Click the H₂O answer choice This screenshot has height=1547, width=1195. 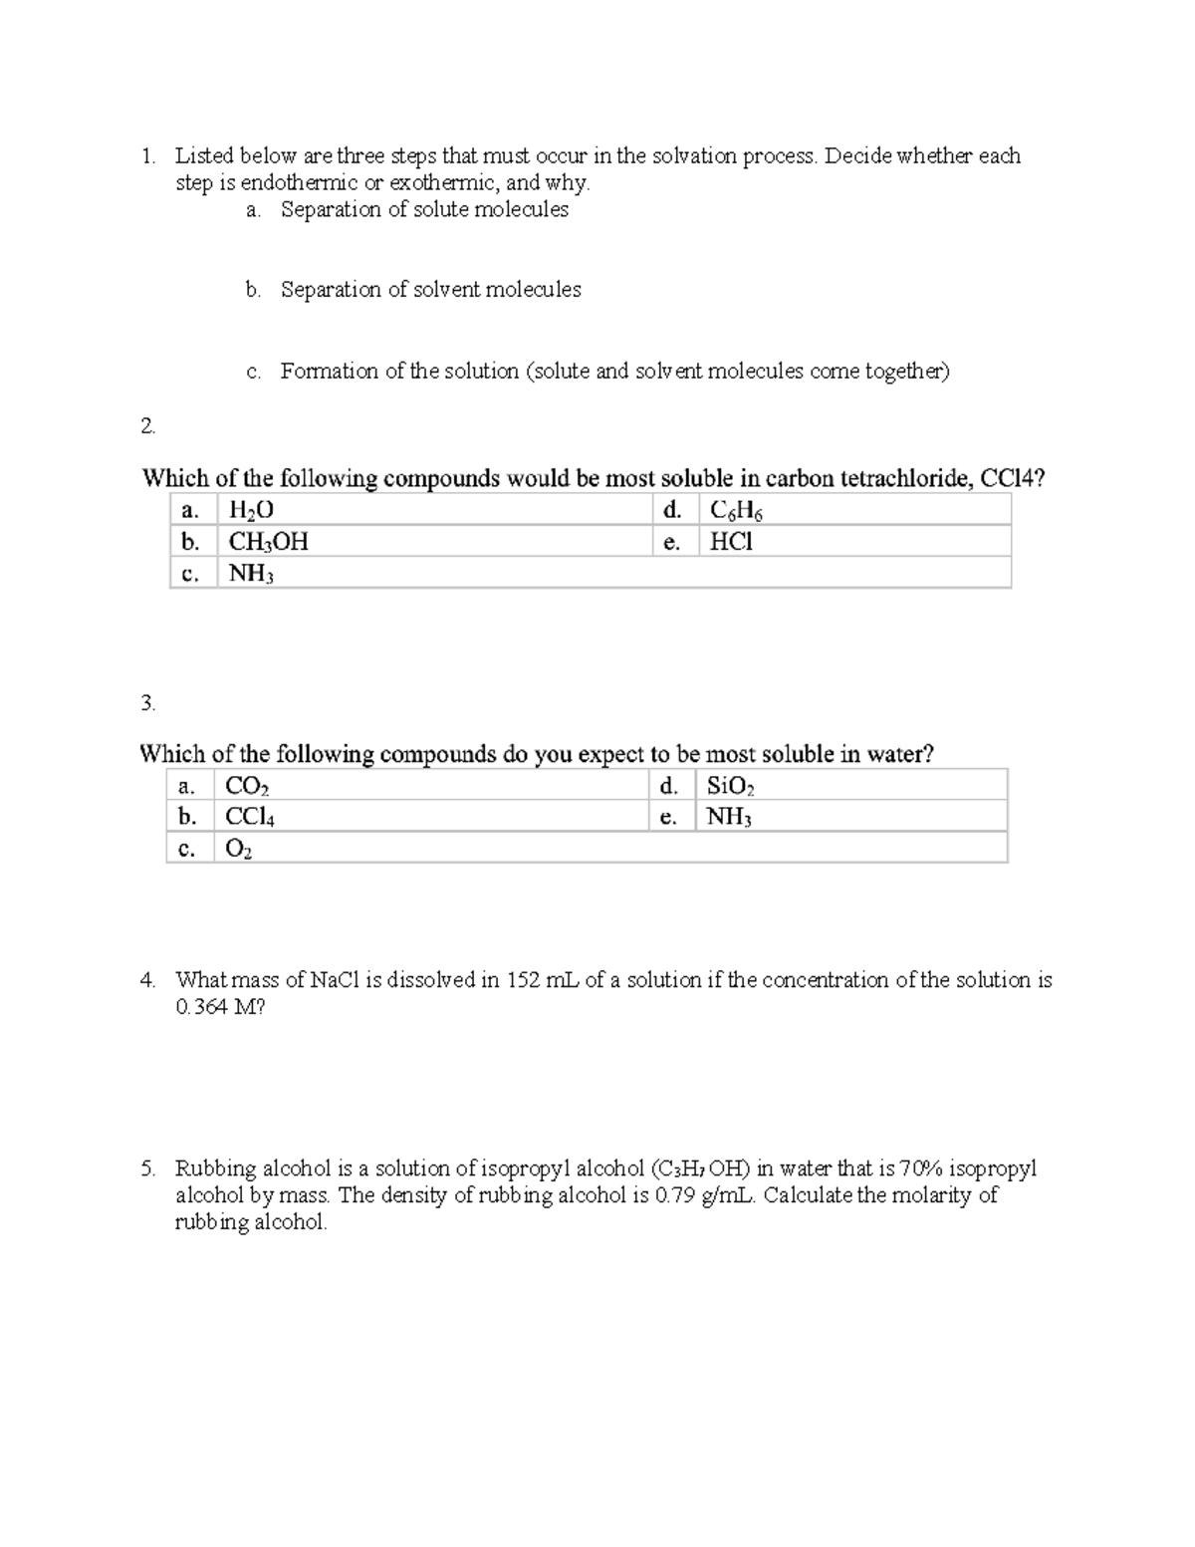click(x=251, y=511)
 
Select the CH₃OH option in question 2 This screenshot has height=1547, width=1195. click(x=268, y=542)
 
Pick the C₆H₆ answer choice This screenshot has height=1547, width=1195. click(x=736, y=511)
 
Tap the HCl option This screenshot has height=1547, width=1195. click(x=731, y=542)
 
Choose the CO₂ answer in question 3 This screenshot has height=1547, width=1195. click(x=247, y=786)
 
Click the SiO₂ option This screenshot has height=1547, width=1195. click(x=730, y=786)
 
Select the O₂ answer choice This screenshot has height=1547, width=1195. click(x=238, y=849)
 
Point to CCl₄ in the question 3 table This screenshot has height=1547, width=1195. click(x=250, y=818)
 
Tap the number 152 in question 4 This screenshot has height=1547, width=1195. click(x=524, y=980)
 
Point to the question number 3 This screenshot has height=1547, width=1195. click(x=147, y=703)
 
